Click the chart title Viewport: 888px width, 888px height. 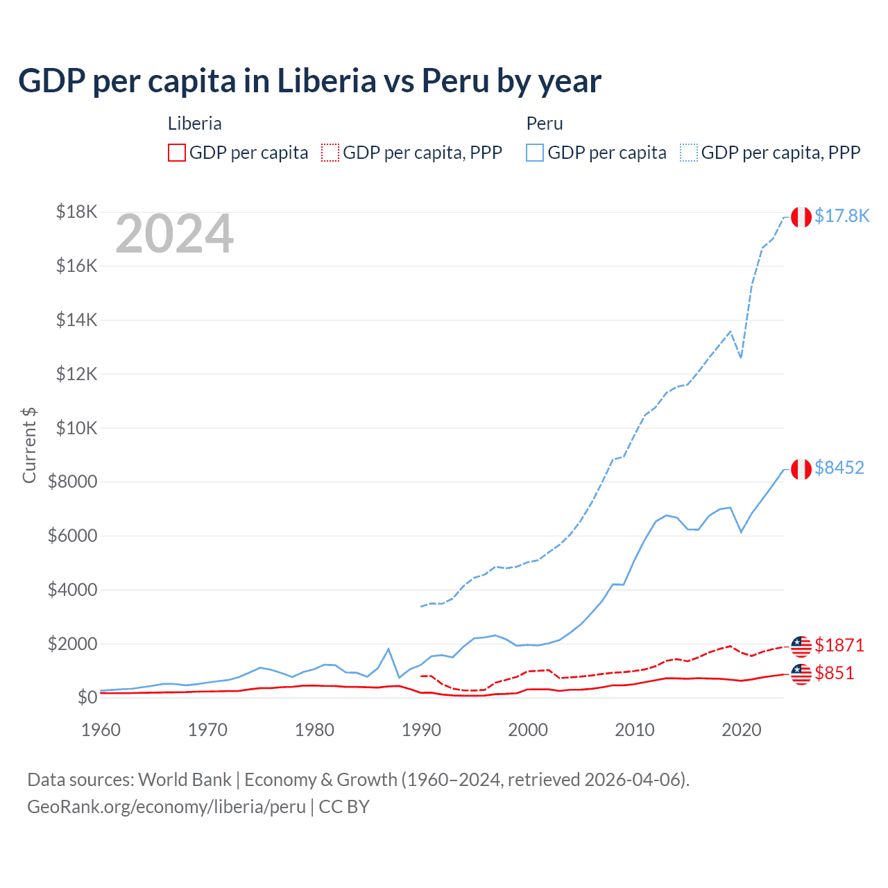pyautogui.click(x=309, y=81)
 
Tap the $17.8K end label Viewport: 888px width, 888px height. pyautogui.click(x=842, y=216)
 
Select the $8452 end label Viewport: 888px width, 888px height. pyautogui.click(x=839, y=468)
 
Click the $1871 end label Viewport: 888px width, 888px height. pyautogui.click(x=839, y=645)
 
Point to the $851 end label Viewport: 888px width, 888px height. pyautogui.click(x=834, y=673)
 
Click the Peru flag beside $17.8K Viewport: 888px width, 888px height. pyautogui.click(x=801, y=216)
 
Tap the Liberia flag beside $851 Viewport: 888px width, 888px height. pyautogui.click(x=801, y=674)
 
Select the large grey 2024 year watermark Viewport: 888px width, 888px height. pyautogui.click(x=174, y=234)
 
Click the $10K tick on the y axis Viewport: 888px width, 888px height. pyautogui.click(x=76, y=428)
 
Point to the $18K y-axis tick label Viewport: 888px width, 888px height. pyautogui.click(x=76, y=212)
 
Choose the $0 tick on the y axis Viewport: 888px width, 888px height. pyautogui.click(x=87, y=697)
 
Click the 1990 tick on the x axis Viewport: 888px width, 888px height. pyautogui.click(x=421, y=730)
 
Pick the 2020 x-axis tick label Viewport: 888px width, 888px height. pyautogui.click(x=741, y=730)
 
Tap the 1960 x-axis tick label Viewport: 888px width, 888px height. pyautogui.click(x=101, y=730)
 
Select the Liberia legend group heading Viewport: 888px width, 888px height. pyautogui.click(x=194, y=123)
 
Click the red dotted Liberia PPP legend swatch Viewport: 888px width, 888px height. pyautogui.click(x=330, y=153)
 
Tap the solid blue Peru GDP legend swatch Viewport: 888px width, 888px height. pyautogui.click(x=534, y=153)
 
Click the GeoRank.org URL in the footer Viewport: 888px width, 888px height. pyautogui.click(x=166, y=807)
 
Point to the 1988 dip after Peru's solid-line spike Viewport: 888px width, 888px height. pyautogui.click(x=399, y=677)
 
